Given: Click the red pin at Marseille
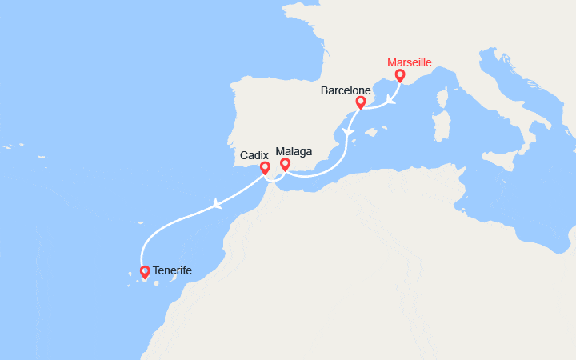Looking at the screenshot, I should point(399,75).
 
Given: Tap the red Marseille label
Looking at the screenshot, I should point(409,62).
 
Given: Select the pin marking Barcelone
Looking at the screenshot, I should point(360,102).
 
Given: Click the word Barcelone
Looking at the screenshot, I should point(345,90).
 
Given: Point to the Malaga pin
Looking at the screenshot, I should point(284,164).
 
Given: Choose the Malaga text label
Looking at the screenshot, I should point(294,150).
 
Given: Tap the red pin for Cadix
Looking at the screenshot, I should point(265,168).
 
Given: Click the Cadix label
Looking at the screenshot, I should point(254,154).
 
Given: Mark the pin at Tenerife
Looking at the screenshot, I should point(145,272).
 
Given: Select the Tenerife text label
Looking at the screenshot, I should point(172,271).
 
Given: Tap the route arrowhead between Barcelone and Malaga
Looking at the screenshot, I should point(346,131).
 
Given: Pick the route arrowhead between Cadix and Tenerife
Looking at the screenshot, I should point(216,205).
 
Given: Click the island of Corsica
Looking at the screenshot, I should point(443,99).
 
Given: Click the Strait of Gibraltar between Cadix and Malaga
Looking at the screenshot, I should point(270,177).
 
